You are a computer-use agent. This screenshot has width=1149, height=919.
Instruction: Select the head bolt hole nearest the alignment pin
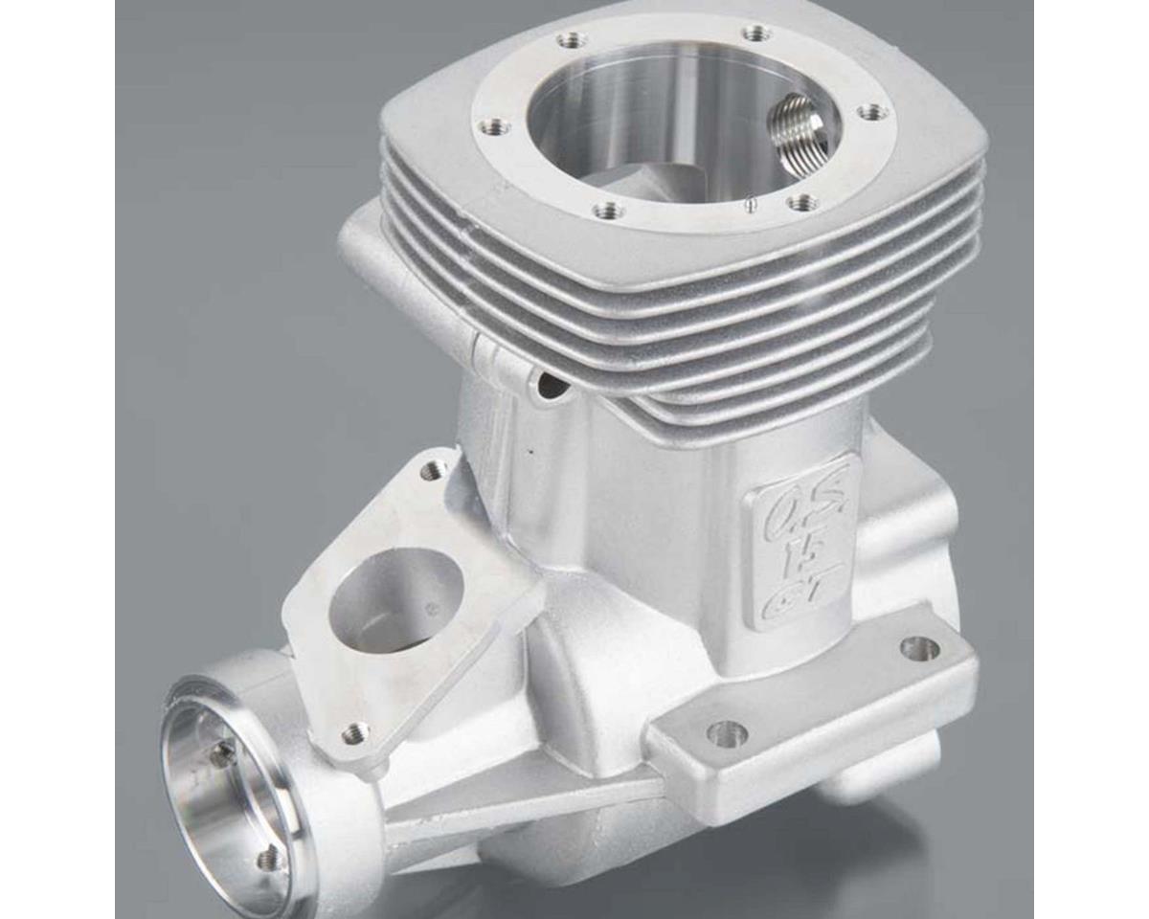pos(802,202)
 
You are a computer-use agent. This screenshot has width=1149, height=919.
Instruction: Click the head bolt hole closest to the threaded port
pos(871,113)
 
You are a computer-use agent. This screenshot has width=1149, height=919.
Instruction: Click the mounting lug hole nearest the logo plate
pos(919,648)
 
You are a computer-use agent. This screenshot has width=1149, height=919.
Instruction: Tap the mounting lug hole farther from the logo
pos(728,733)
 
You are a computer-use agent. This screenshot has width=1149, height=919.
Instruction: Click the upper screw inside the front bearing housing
pos(222,755)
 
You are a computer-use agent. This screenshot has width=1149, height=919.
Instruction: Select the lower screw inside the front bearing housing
pos(271,858)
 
